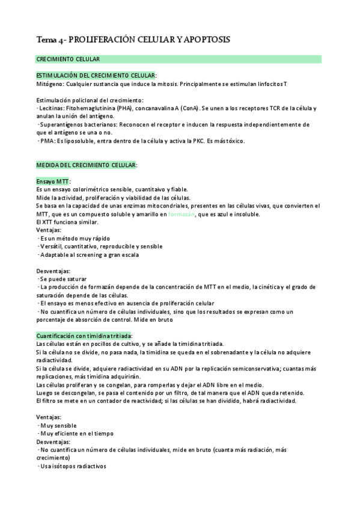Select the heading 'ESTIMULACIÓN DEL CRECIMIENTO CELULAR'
point(96,75)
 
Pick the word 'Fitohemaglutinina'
point(92,108)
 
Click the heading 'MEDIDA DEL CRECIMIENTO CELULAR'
point(86,165)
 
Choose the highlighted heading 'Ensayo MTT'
point(53,181)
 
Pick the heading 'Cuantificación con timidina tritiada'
point(84,336)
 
